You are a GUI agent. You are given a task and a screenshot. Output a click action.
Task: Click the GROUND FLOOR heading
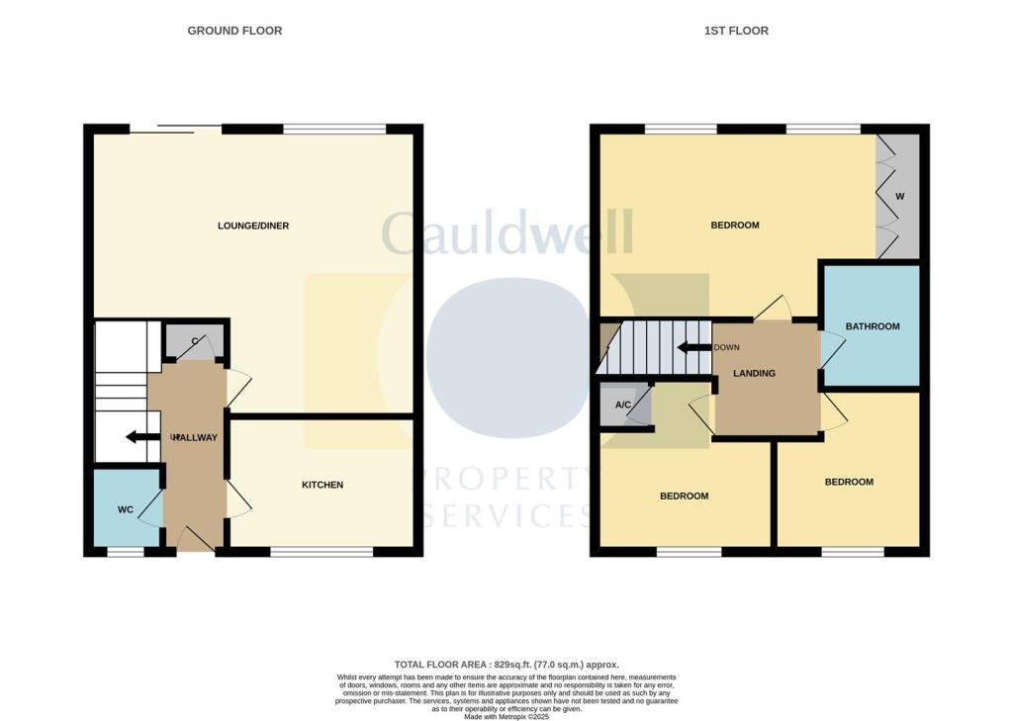coord(234,31)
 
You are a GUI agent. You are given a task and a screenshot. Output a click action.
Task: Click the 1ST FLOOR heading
coord(736,31)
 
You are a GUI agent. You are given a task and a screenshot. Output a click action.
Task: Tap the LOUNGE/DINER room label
coord(253,225)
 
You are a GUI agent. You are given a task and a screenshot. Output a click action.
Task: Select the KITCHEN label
coord(322,485)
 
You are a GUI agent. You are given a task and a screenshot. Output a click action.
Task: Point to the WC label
coord(126,510)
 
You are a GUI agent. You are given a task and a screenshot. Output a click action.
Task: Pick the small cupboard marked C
coord(195,342)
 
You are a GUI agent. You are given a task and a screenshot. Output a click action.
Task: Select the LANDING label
coord(754,373)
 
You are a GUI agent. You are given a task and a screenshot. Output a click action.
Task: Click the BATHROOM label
coord(873,326)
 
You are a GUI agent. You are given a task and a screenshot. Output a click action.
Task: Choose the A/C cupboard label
coord(623,406)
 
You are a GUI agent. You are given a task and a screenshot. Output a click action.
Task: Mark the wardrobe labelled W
coord(899,197)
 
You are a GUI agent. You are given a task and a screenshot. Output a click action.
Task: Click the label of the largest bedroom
coord(735,225)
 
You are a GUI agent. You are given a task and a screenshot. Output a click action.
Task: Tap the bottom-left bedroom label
coord(684,496)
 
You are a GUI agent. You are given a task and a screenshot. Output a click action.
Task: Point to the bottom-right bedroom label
coord(849,482)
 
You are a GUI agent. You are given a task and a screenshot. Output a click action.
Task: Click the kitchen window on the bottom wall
coord(322,551)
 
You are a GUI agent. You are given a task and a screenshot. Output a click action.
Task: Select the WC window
coord(125,551)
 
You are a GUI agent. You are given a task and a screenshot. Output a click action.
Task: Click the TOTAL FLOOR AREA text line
coord(506,665)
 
